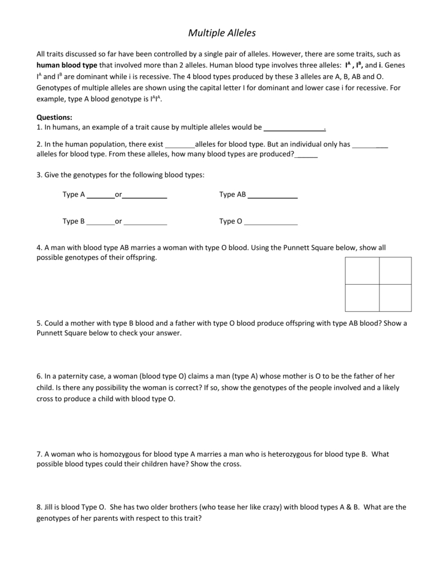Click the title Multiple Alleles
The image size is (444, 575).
(222, 33)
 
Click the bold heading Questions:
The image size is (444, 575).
(54, 117)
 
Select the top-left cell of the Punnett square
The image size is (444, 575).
(362, 271)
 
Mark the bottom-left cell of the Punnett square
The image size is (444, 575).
(362, 298)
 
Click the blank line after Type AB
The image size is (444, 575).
(272, 195)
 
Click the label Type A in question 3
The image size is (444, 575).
(74, 195)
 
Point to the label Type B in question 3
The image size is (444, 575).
(74, 221)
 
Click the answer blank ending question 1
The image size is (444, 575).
(294, 128)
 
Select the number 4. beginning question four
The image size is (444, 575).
(39, 247)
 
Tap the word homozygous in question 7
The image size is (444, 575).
(102, 454)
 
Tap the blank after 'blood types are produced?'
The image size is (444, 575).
(306, 154)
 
